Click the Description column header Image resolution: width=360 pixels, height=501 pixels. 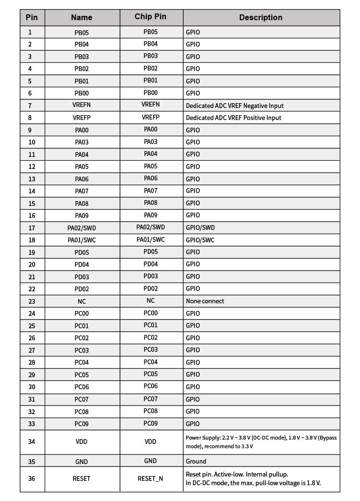tap(261, 17)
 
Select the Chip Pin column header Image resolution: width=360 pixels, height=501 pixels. tap(150, 17)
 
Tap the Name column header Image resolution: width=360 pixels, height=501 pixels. tap(82, 17)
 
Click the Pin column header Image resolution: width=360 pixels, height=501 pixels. tap(32, 17)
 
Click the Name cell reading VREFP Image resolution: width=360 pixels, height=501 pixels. tap(82, 118)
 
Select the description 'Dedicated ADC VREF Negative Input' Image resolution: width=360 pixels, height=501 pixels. tap(235, 106)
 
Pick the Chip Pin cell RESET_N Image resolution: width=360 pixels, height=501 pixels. tap(150, 478)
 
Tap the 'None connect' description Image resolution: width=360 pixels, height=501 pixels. tap(205, 301)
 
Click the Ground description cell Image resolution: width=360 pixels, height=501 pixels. tap(196, 462)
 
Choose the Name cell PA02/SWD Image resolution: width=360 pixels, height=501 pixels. tap(82, 227)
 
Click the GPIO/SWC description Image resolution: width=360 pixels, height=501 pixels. tap(200, 240)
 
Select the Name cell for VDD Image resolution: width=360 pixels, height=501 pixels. tap(82, 442)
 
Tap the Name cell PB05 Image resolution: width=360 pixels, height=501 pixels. tap(82, 33)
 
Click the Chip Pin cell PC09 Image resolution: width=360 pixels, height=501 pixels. tap(150, 423)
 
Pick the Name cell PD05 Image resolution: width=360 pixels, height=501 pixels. tap(82, 252)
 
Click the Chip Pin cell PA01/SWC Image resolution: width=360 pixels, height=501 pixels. tap(150, 239)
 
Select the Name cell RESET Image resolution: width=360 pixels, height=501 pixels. tap(82, 478)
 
